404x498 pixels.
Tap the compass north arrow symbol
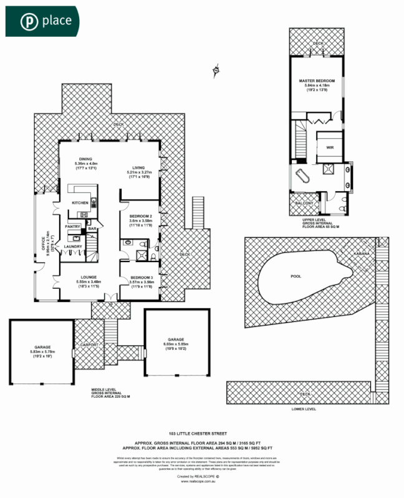coord(216,70)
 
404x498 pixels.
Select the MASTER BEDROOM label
coord(317,81)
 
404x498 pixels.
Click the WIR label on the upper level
coord(330,148)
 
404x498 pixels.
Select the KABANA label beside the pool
coord(362,254)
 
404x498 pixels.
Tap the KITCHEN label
coord(80,203)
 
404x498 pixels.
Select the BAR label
coord(92,229)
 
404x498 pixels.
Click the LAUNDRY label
coord(74,247)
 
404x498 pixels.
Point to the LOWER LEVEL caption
coord(304,409)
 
